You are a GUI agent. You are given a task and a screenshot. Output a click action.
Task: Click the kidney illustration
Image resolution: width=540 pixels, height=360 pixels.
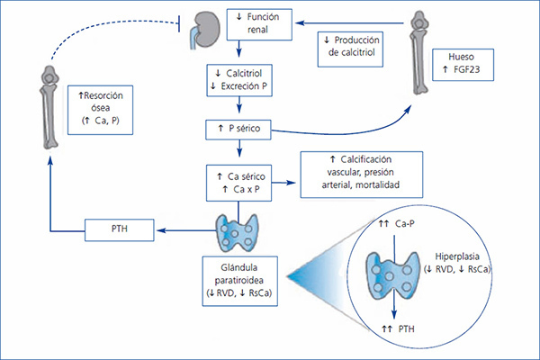coord(206,30)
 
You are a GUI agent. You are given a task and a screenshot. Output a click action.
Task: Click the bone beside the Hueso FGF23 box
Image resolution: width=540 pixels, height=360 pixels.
coord(419,52)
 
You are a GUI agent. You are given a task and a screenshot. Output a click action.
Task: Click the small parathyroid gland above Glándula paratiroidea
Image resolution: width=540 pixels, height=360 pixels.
coord(237,232)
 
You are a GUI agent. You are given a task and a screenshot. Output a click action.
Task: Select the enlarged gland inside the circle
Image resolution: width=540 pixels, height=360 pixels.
coord(393,275)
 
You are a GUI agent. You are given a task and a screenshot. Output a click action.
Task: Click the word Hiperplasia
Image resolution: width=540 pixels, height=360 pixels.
coord(457,256)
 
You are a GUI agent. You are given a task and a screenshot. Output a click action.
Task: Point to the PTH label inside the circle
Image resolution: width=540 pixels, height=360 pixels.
coord(398,329)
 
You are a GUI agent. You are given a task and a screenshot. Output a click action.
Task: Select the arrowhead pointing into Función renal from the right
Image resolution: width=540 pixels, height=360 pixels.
coord(300,23)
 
